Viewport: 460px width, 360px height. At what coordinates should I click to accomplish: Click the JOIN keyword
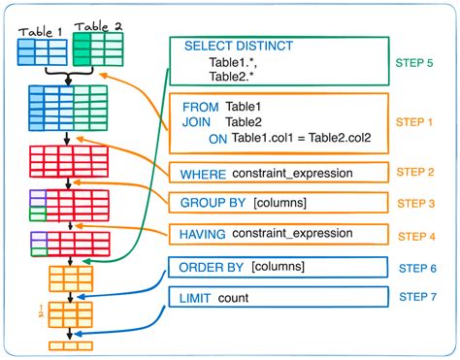pos(194,121)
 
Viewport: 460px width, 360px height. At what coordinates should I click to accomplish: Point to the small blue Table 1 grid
pos(41,52)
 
